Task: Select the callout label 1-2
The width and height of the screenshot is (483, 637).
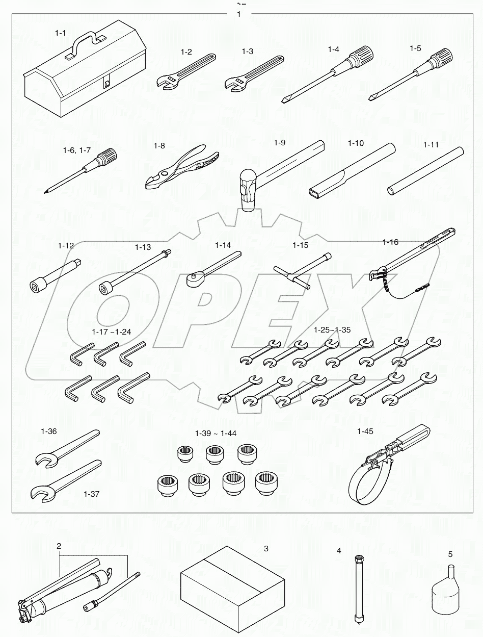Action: click(186, 52)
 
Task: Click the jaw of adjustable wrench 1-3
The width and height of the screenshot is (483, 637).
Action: click(233, 85)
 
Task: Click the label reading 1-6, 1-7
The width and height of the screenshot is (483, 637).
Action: click(76, 150)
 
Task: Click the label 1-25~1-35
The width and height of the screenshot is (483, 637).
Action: click(332, 330)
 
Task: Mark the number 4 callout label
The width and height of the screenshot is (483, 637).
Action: click(339, 551)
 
